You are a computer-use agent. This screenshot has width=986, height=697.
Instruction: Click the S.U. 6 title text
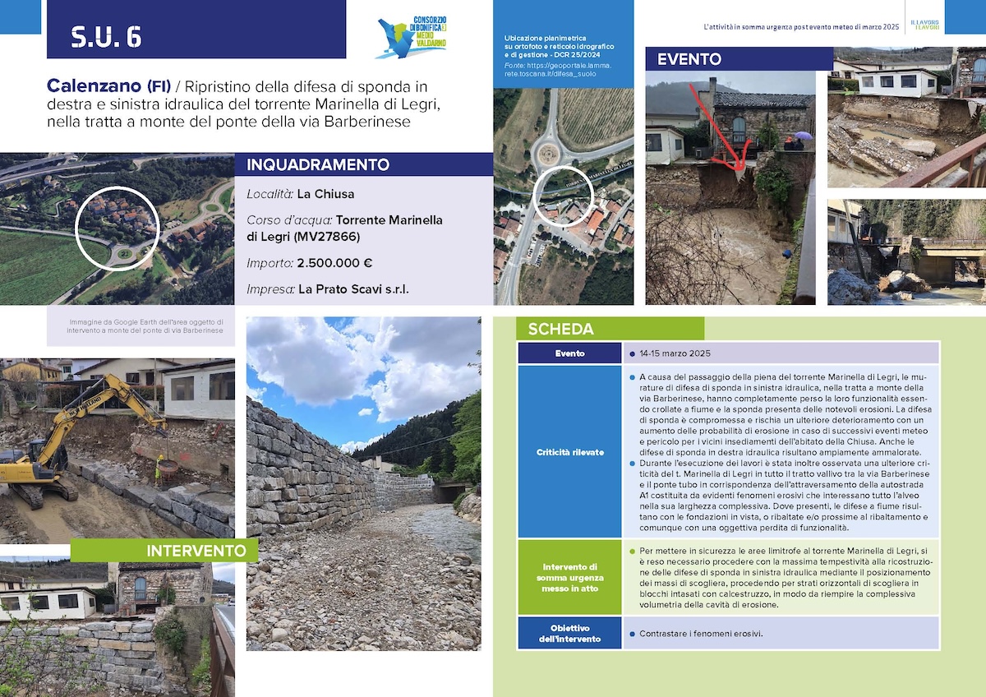(106, 37)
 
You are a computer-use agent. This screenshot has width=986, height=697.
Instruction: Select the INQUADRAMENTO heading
(318, 164)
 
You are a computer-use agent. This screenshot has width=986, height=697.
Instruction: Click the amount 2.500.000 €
(334, 263)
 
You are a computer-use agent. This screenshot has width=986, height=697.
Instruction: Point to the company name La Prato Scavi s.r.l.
(353, 289)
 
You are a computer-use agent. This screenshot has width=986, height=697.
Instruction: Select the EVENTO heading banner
(689, 59)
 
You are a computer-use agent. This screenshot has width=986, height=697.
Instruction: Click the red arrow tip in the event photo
(740, 169)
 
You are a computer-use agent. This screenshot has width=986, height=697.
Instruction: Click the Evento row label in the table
(569, 353)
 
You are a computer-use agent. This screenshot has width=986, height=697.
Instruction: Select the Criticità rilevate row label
(569, 452)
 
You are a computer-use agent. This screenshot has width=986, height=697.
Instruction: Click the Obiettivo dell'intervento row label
(569, 634)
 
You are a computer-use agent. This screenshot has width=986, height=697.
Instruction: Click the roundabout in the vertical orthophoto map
(548, 151)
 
